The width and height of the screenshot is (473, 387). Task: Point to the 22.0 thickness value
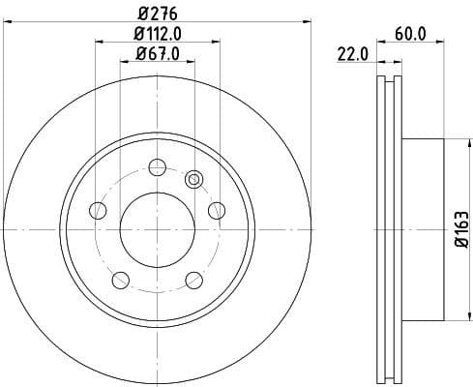pyautogui.click(x=351, y=54)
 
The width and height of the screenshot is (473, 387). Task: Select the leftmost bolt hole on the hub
pyautogui.click(x=95, y=209)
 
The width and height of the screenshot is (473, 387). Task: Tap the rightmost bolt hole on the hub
pyautogui.click(x=218, y=209)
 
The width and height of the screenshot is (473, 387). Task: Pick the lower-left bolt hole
pyautogui.click(x=119, y=281)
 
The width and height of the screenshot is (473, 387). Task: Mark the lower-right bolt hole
pyautogui.click(x=193, y=281)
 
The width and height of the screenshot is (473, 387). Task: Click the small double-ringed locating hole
pyautogui.click(x=193, y=178)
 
